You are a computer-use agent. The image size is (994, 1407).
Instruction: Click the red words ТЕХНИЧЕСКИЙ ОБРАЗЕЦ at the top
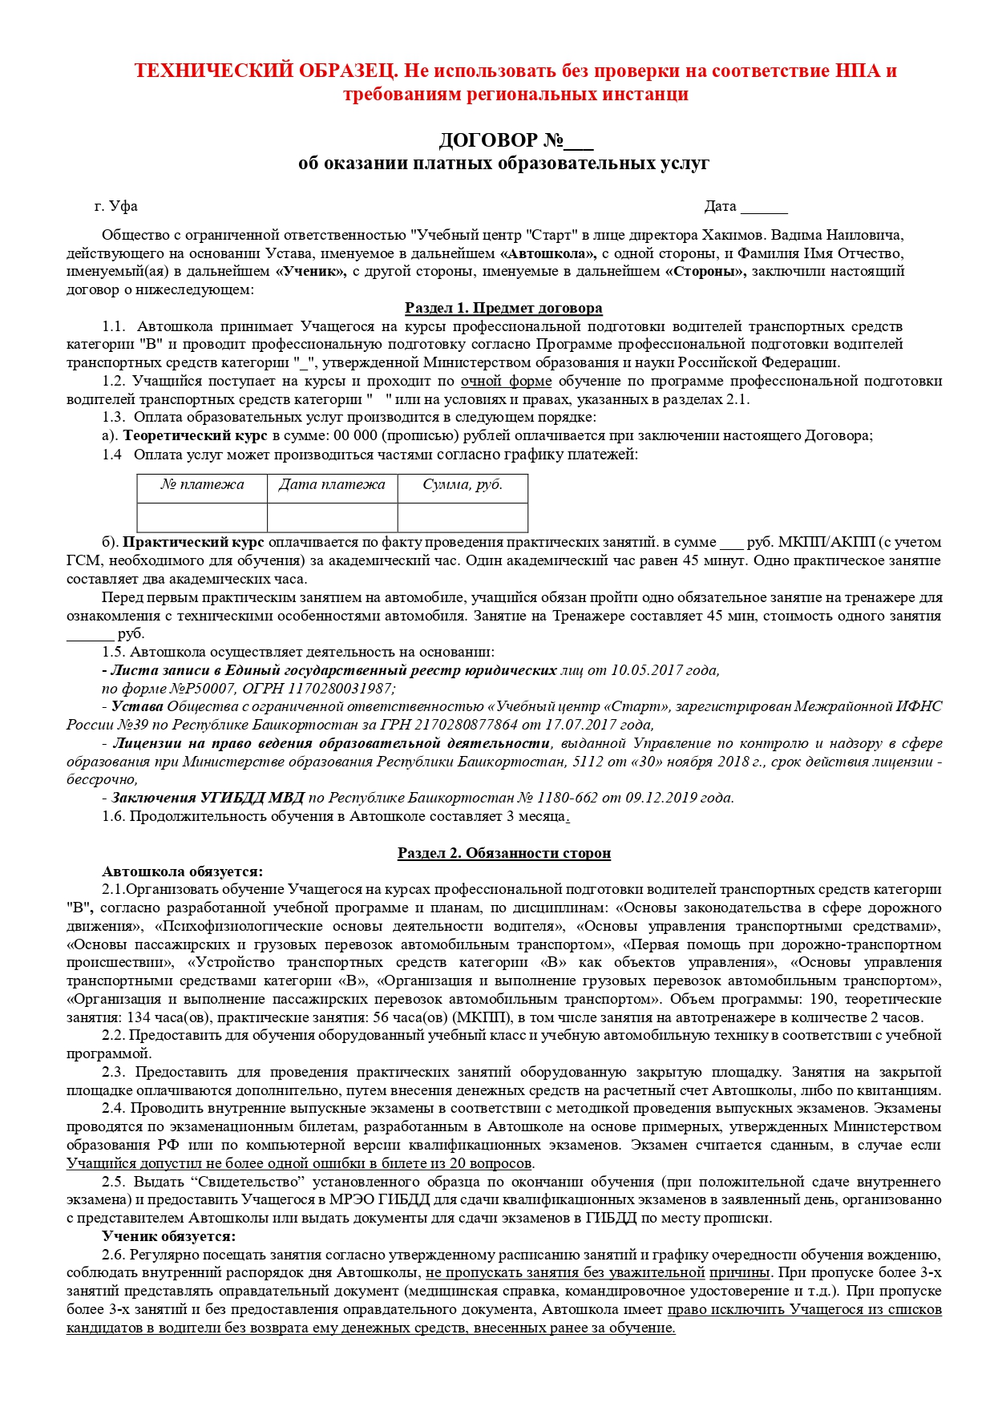coord(265,71)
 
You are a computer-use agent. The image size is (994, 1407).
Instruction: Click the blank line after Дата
coord(764,208)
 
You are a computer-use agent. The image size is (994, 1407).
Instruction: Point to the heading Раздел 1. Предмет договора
coord(503,308)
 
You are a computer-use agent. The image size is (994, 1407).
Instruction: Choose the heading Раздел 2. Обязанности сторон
coord(503,853)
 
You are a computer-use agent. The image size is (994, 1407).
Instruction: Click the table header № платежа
coord(202,485)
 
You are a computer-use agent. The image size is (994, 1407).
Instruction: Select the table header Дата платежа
coord(332,485)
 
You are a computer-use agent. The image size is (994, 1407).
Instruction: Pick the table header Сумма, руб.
coord(463,485)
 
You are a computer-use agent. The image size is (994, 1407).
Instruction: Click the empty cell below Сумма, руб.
coord(463,517)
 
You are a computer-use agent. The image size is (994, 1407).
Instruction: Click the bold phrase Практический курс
coord(193,543)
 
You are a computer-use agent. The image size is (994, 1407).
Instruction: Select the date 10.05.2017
coord(644,670)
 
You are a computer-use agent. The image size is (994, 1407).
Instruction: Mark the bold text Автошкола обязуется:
coord(182,871)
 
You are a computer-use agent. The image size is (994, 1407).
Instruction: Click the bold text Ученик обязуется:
coord(168,1236)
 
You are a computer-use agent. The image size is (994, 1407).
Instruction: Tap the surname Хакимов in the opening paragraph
coord(735,236)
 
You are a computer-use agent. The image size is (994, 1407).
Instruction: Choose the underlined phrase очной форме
coord(506,382)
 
